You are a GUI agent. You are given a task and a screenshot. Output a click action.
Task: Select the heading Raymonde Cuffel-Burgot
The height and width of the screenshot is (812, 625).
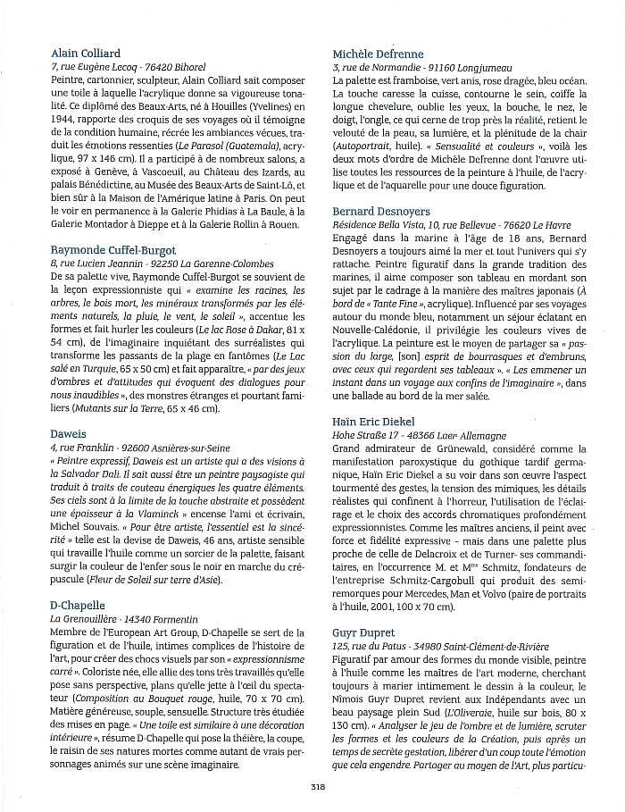113,251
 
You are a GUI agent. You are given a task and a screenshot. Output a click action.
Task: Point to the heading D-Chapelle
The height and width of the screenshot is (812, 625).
79,605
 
